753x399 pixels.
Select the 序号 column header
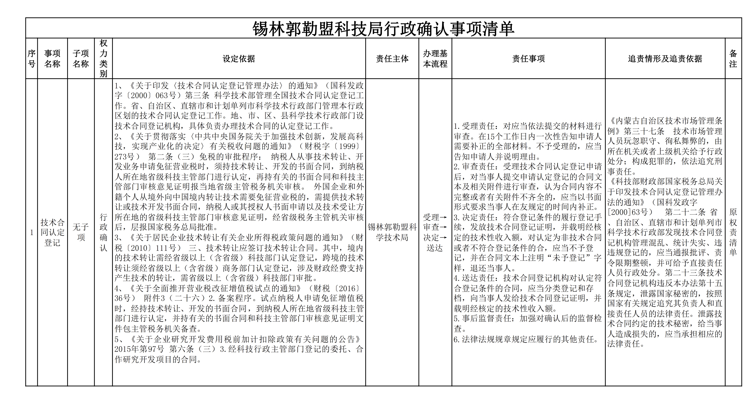click(x=32, y=58)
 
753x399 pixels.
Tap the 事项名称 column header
click(x=52, y=58)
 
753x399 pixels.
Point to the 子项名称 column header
click(x=81, y=58)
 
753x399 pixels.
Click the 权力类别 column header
click(x=104, y=58)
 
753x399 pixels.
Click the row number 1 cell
click(x=32, y=233)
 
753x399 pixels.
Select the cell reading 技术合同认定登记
click(x=52, y=233)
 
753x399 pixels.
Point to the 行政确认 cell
click(x=104, y=233)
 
